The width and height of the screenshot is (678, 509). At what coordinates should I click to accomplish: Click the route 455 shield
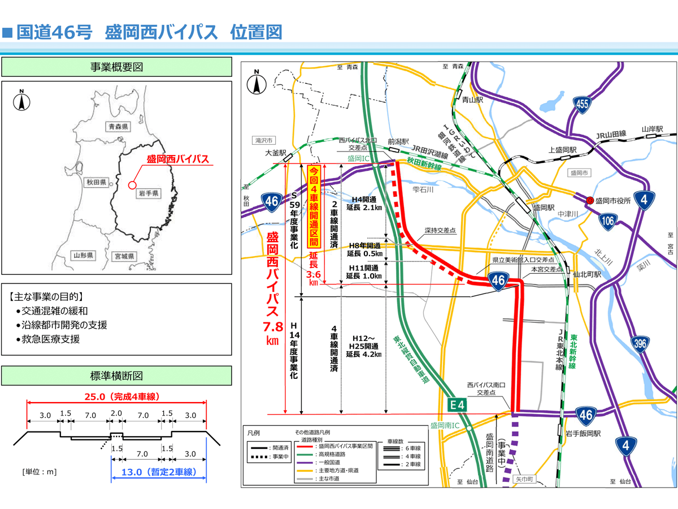(583, 103)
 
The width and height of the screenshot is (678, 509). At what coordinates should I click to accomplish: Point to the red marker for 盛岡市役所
(590, 200)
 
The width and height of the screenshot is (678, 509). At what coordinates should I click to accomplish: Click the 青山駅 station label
(472, 100)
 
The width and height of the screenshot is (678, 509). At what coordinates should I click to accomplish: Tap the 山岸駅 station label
(653, 129)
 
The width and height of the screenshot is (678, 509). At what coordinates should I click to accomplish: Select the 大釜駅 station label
(276, 153)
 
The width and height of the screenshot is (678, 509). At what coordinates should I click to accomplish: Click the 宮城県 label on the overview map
(123, 256)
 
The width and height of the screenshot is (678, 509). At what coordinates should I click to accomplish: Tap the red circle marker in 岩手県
(132, 184)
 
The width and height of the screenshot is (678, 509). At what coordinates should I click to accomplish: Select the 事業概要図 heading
(116, 67)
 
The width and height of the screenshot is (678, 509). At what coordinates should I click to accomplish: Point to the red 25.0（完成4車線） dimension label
(117, 395)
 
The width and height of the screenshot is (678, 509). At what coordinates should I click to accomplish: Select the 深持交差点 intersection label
(441, 231)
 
